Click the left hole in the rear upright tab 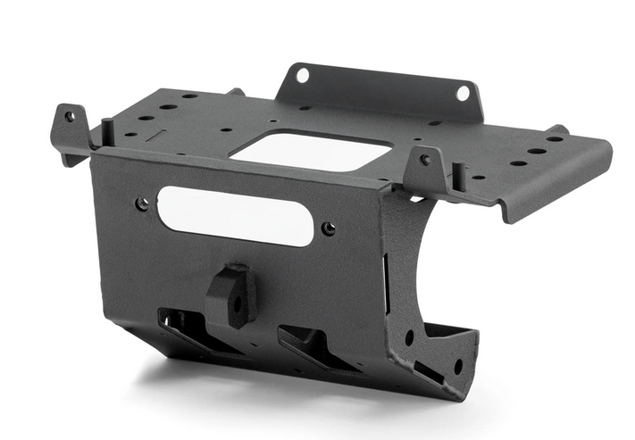click(x=302, y=75)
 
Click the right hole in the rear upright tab click(x=463, y=92)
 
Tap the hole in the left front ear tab click(x=70, y=117)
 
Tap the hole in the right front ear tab click(x=425, y=160)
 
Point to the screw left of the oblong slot click(x=143, y=203)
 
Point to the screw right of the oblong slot click(x=329, y=228)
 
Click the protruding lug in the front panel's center click(x=233, y=295)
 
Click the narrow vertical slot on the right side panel click(x=387, y=286)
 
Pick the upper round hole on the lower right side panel click(x=409, y=337)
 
